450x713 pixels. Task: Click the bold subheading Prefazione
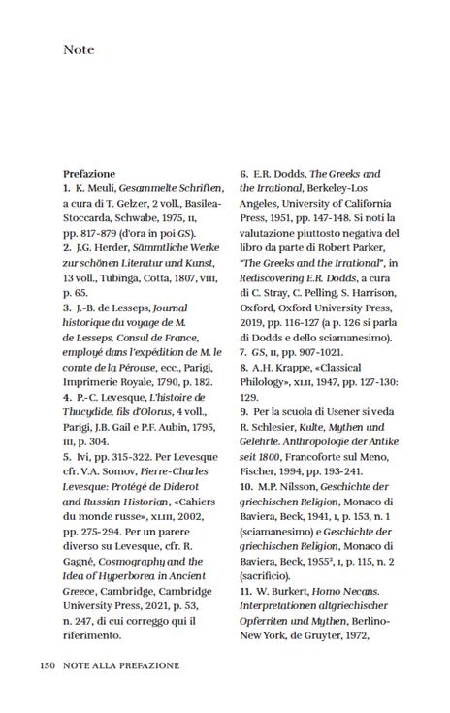coord(89,174)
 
